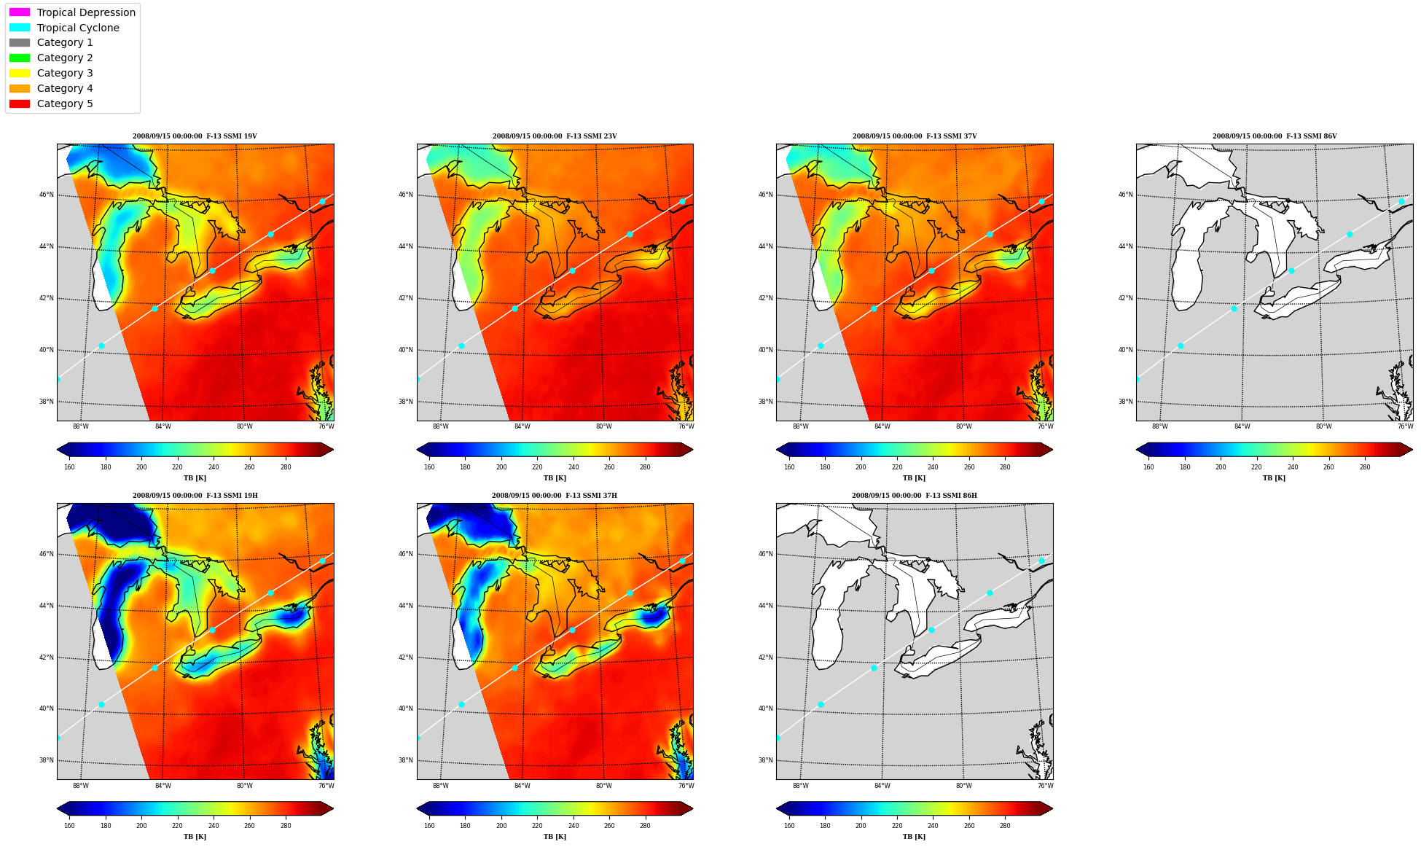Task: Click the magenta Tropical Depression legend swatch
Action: pyautogui.click(x=20, y=12)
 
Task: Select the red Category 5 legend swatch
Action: pyautogui.click(x=20, y=104)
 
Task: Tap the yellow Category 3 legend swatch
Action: pyautogui.click(x=20, y=73)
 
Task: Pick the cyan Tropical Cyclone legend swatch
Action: pyautogui.click(x=20, y=28)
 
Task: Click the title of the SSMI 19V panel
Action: pyautogui.click(x=195, y=136)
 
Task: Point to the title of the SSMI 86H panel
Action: pyautogui.click(x=915, y=496)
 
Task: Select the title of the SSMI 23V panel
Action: pyautogui.click(x=555, y=136)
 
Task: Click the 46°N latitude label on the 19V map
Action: pyautogui.click(x=46, y=195)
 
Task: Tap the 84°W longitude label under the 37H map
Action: pyautogui.click(x=522, y=786)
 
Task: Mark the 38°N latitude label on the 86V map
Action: pyautogui.click(x=1126, y=402)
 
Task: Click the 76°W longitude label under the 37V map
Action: pyautogui.click(x=1046, y=426)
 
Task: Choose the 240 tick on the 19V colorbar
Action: pyautogui.click(x=214, y=467)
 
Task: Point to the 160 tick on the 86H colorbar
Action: pyautogui.click(x=789, y=826)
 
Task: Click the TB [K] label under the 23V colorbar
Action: pyautogui.click(x=555, y=478)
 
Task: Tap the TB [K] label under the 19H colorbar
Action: pyautogui.click(x=195, y=836)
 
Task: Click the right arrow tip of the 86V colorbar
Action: pyautogui.click(x=1412, y=450)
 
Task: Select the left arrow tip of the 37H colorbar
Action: pyautogui.click(x=418, y=808)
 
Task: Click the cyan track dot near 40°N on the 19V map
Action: pyautogui.click(x=101, y=346)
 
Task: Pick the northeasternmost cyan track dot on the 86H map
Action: pyautogui.click(x=1041, y=561)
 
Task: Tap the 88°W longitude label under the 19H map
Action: pyautogui.click(x=81, y=786)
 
